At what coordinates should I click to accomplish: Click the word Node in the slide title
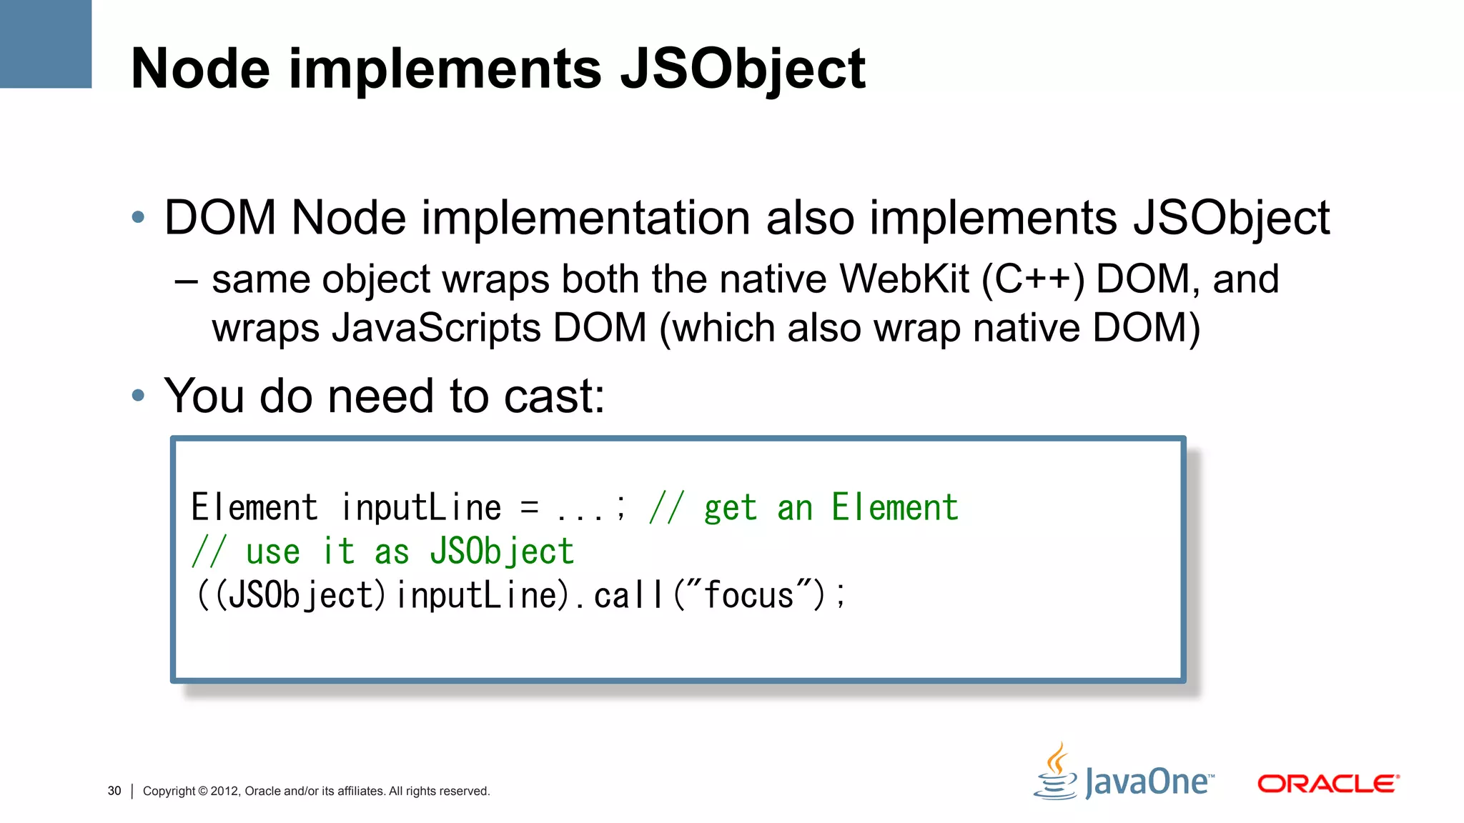tap(201, 69)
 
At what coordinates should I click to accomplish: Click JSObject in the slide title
tap(743, 70)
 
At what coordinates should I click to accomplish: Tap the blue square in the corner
tap(45, 44)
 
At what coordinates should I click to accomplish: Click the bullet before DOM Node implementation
tap(139, 217)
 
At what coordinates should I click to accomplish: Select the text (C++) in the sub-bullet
tap(1032, 279)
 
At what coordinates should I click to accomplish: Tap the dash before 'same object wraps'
tap(186, 281)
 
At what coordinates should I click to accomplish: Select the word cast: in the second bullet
tap(554, 396)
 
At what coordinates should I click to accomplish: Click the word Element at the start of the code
tap(254, 508)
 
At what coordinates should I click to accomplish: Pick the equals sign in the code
tap(529, 507)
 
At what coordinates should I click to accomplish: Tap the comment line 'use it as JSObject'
tap(383, 552)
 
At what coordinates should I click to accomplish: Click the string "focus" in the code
tap(748, 595)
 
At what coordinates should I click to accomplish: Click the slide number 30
tap(114, 791)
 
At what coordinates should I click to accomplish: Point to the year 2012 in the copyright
tap(224, 791)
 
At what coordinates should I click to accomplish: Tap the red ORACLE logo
tap(1327, 784)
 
